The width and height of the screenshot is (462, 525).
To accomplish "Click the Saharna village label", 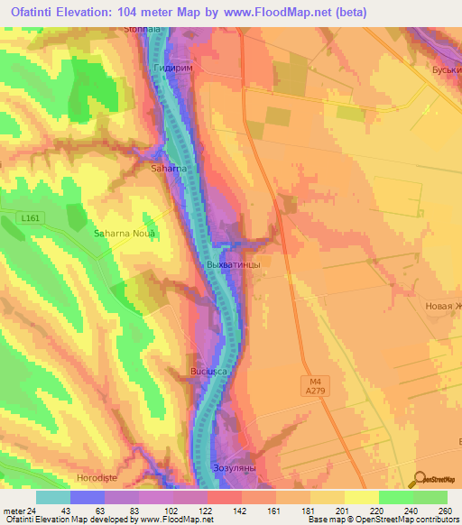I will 169,168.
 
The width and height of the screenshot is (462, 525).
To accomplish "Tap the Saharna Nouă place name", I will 125,233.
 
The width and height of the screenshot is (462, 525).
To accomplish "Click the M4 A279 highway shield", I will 312,386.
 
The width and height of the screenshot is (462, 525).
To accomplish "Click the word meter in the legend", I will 15,510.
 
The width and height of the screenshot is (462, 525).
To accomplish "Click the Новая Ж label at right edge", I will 443,306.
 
